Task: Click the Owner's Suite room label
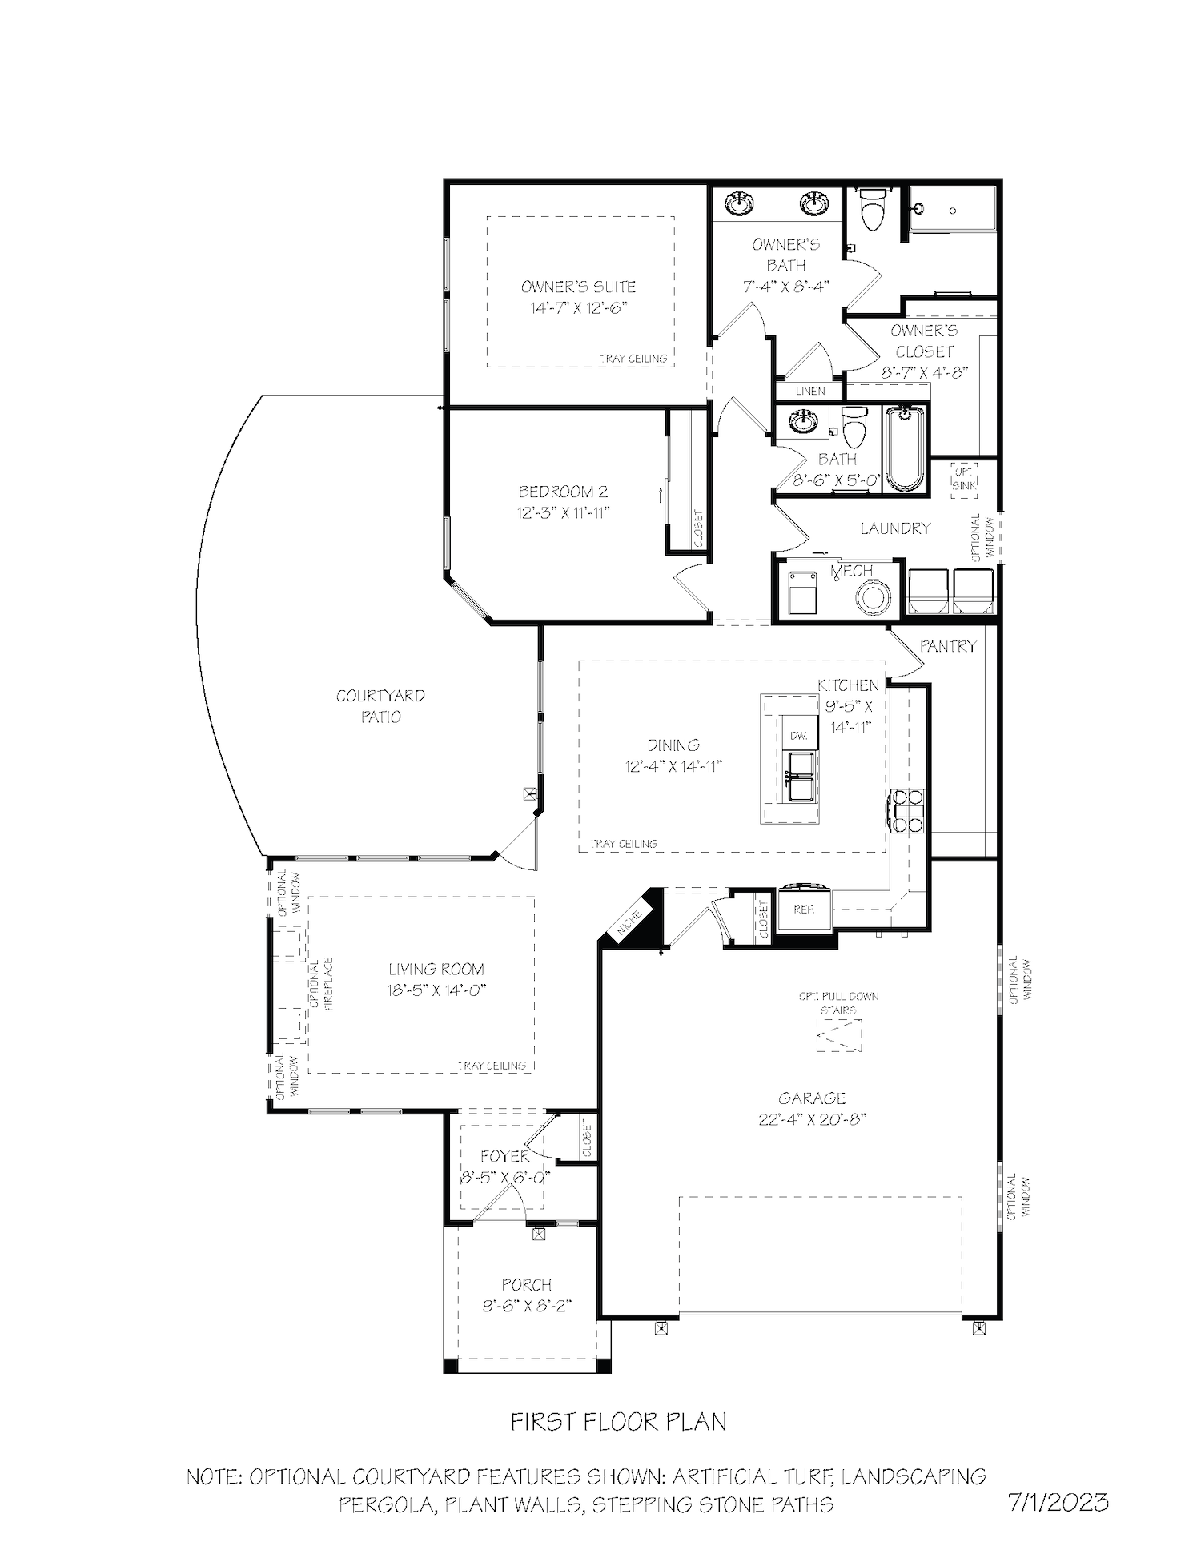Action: tap(578, 287)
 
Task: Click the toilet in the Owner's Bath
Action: tap(870, 210)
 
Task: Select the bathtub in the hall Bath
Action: tap(905, 448)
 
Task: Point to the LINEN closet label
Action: tap(810, 392)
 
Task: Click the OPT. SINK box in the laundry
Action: tap(964, 480)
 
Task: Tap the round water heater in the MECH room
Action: tap(873, 597)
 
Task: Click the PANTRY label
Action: tap(948, 646)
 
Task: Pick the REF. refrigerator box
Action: tap(805, 910)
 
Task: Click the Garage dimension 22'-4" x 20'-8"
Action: tap(812, 1119)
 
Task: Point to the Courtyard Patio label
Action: tap(380, 706)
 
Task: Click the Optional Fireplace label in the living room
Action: tap(320, 986)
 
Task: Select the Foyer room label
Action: tap(504, 1157)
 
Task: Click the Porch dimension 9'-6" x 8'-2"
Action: tap(527, 1306)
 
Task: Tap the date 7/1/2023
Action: tap(1058, 1501)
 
